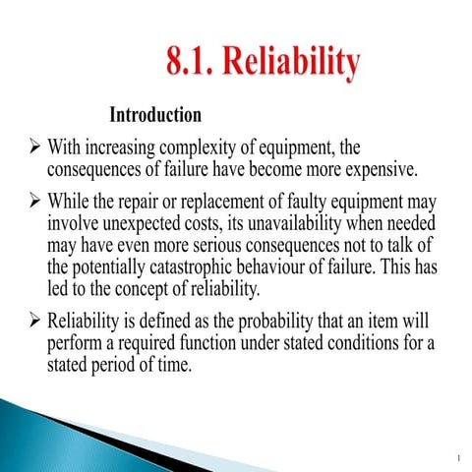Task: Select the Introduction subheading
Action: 155,115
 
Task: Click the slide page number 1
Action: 458,458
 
